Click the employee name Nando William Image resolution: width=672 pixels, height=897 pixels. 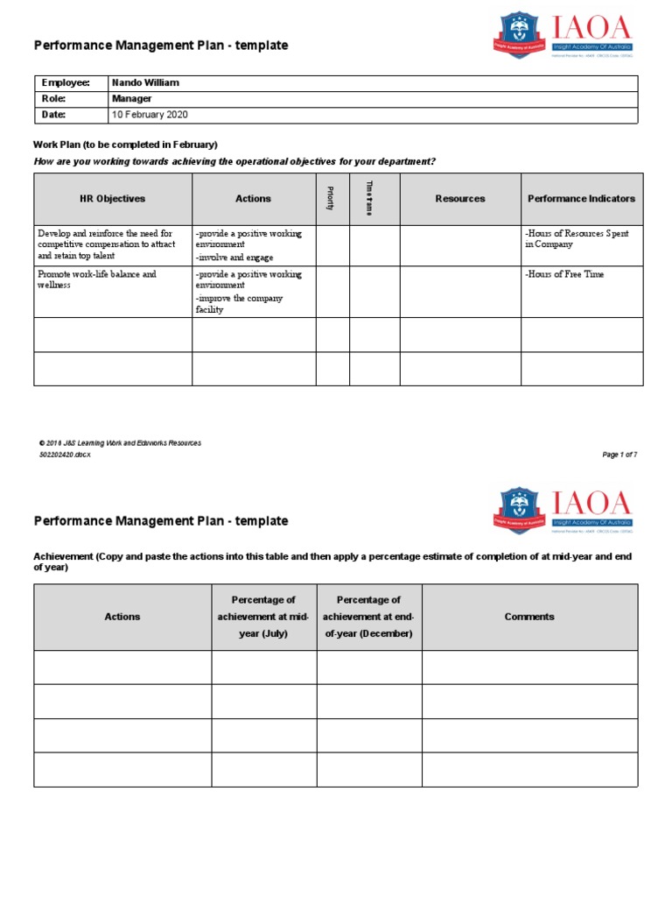(145, 82)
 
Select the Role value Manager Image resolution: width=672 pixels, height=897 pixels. (131, 99)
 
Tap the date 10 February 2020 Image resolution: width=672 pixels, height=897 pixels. (149, 115)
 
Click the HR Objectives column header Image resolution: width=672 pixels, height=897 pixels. (112, 199)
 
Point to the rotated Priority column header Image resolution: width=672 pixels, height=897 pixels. (331, 199)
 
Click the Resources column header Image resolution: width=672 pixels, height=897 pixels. (459, 199)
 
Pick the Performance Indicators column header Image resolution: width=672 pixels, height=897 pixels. (581, 199)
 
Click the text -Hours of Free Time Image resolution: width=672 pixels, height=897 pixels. (564, 274)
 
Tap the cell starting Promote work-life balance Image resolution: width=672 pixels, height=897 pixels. (97, 279)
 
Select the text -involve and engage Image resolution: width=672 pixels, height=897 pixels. (234, 258)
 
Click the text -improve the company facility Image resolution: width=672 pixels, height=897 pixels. (239, 304)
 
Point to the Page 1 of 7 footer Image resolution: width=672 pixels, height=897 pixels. (619, 455)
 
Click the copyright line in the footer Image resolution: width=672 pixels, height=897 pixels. (120, 443)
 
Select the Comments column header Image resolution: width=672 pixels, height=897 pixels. (528, 617)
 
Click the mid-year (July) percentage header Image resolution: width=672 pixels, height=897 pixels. (263, 617)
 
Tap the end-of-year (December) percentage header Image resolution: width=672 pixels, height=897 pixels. (368, 617)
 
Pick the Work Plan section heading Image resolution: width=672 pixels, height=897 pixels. (125, 145)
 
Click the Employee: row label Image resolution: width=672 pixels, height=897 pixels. (66, 82)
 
